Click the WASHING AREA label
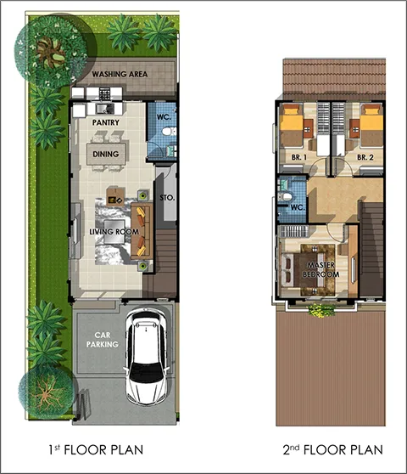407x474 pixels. pyautogui.click(x=120, y=74)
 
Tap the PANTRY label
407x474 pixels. pyautogui.click(x=106, y=122)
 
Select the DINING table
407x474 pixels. pyautogui.click(x=106, y=154)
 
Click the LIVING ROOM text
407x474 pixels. pyautogui.click(x=114, y=232)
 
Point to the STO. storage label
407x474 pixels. pyautogui.click(x=167, y=198)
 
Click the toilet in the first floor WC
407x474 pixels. pyautogui.click(x=169, y=132)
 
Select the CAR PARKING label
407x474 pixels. pyautogui.click(x=103, y=340)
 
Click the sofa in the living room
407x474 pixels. pyautogui.click(x=142, y=231)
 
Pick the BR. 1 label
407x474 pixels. pyautogui.click(x=299, y=157)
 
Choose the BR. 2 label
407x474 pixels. pyautogui.click(x=365, y=157)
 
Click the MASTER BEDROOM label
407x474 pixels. pyautogui.click(x=321, y=269)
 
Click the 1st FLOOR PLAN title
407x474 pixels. pyautogui.click(x=96, y=450)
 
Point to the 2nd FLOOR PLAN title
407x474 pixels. pyautogui.click(x=332, y=450)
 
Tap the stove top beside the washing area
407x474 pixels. pyautogui.click(x=104, y=93)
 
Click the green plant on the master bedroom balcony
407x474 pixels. pyautogui.click(x=322, y=310)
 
